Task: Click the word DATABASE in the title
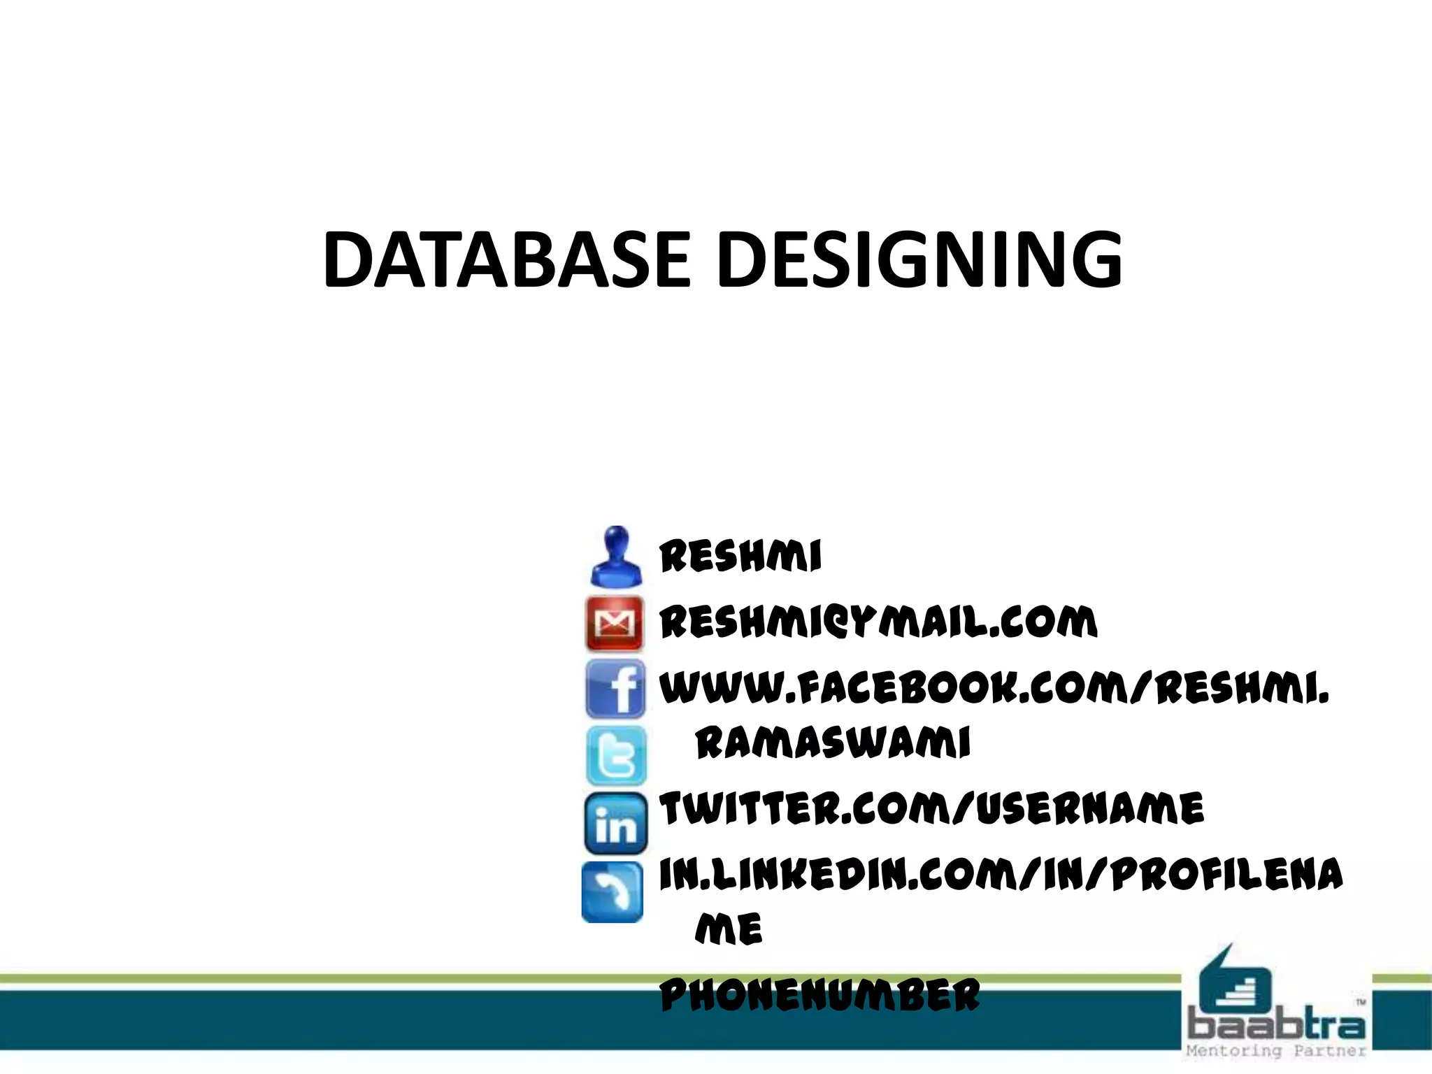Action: tap(507, 260)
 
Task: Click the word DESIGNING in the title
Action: tap(919, 260)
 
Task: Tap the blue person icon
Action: tap(615, 557)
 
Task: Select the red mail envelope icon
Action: tap(615, 624)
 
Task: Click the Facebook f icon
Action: tap(615, 689)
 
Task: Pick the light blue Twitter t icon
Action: tap(616, 755)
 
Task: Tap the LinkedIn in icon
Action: tap(615, 824)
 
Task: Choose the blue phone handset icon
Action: tap(613, 892)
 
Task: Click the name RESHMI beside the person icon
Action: tap(740, 557)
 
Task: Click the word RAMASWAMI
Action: tap(833, 743)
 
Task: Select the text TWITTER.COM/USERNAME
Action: tap(932, 809)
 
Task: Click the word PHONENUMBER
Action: tap(820, 995)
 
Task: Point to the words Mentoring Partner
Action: tap(1276, 1051)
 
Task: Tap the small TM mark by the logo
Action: tap(1361, 1003)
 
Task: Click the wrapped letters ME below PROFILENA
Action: tap(729, 929)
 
